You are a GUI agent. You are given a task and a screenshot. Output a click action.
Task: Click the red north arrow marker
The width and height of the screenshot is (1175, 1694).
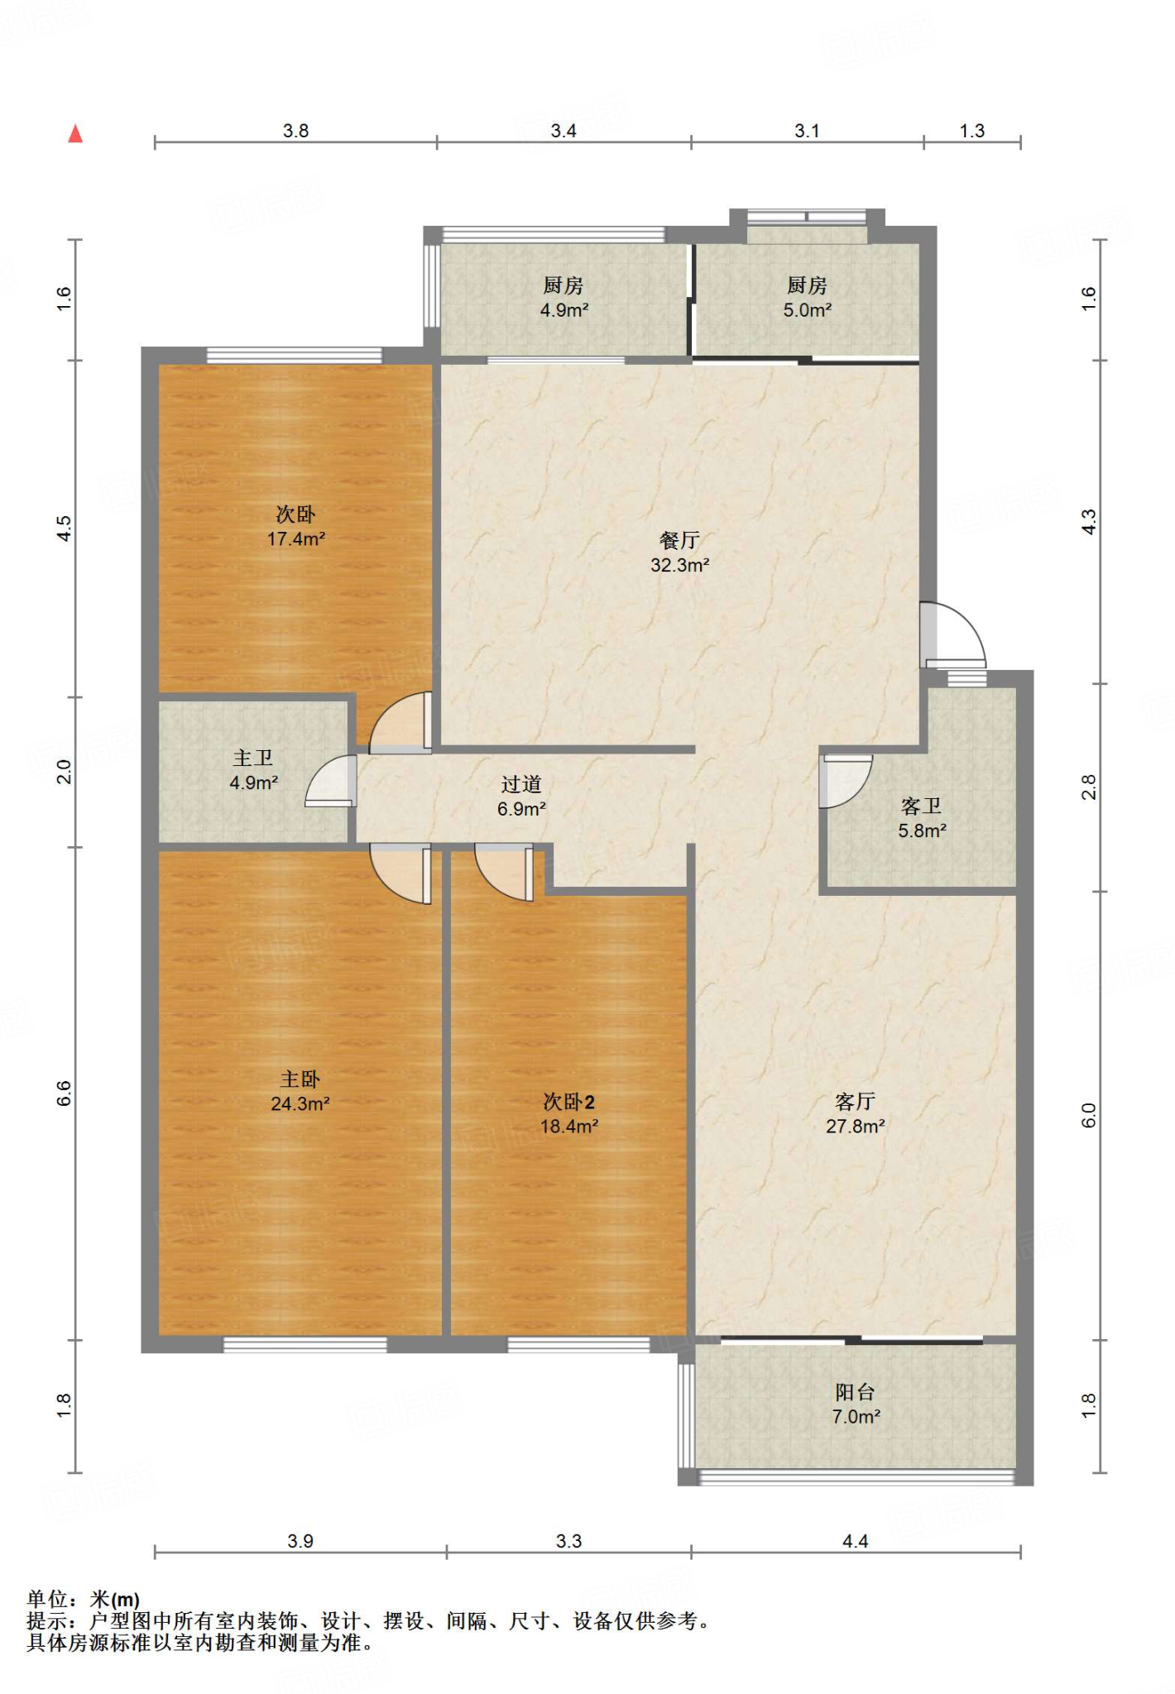75,133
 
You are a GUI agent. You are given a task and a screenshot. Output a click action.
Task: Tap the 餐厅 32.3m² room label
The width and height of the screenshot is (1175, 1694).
679,553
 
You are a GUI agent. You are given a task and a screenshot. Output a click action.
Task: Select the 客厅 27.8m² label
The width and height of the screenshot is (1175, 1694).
856,1113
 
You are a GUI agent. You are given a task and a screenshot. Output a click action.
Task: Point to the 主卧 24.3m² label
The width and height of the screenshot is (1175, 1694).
300,1091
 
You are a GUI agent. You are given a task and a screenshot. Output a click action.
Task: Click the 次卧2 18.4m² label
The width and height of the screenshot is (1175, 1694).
569,1113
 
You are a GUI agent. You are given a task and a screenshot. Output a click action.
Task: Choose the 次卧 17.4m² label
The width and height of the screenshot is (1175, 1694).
295,526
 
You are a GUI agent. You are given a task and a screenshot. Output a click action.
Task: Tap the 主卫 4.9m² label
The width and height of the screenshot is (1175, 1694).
253,770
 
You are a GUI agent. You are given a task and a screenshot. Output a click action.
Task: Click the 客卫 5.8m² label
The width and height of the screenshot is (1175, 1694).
922,818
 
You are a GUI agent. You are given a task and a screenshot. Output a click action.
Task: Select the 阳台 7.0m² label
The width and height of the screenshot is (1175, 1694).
856,1404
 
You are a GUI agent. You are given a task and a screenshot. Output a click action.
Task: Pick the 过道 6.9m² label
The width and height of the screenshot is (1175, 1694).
521,796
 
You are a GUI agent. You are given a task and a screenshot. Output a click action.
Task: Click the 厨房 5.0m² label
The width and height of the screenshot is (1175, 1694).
808,298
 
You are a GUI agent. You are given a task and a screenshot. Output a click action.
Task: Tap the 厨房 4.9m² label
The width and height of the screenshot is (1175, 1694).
564,298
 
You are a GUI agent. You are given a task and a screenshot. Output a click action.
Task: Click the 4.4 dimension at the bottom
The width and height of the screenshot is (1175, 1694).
856,1540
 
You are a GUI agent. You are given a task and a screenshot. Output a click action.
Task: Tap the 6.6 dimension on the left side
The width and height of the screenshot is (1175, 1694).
65,1093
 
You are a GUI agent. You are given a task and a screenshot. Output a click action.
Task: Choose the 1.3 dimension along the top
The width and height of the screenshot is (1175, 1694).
972,131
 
